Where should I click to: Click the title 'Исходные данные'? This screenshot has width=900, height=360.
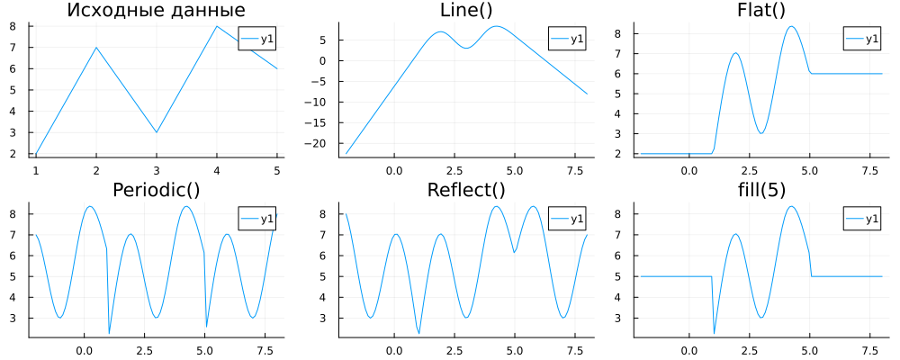point(157,11)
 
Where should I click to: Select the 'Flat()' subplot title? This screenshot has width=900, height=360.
point(760,11)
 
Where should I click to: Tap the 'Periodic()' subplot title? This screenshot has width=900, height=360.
point(157,190)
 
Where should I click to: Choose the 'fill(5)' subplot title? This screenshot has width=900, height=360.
point(760,190)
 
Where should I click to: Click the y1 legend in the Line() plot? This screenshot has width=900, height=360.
point(567,39)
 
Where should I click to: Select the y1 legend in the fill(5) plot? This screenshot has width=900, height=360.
point(863,218)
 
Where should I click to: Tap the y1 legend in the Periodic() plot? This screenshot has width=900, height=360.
point(257,218)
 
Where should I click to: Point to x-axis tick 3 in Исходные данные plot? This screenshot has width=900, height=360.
point(157,170)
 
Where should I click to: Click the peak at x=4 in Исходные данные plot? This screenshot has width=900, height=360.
point(217,26)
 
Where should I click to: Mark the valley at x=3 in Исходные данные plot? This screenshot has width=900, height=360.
point(157,132)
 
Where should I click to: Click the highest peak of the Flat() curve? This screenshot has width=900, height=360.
point(792,26)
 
